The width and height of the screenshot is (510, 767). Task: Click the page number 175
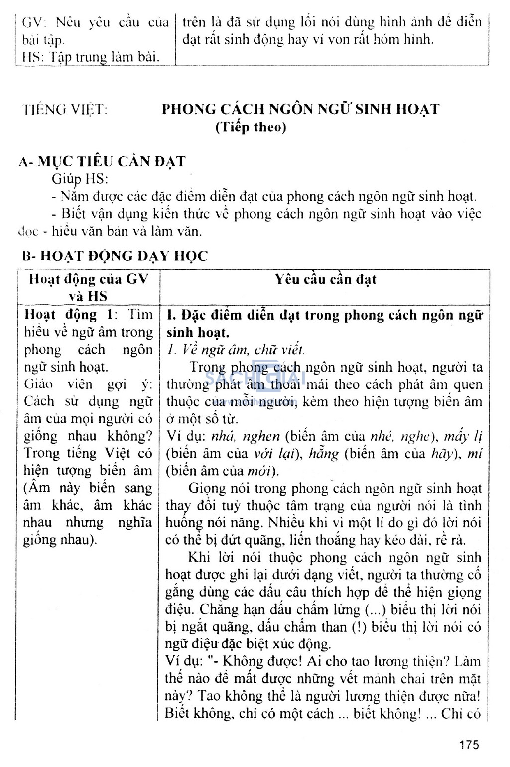469,745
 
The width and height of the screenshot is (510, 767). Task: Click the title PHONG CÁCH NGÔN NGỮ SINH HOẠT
301,109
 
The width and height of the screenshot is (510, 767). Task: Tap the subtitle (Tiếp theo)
251,128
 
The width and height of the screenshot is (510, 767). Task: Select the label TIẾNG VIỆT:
65,110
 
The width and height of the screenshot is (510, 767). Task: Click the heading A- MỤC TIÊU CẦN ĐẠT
102,161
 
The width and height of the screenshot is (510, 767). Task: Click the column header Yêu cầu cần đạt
325,279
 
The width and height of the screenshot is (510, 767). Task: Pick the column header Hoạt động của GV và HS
88,287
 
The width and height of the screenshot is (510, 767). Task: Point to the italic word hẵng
323,454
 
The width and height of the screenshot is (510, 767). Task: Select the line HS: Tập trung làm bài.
91,57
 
